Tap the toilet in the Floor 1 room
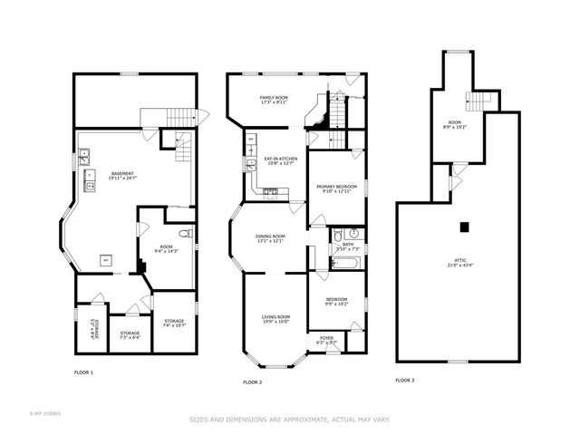coord(184,234)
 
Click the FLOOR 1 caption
coord(83,372)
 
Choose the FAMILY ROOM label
coord(274,100)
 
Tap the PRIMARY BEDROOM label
coord(336,188)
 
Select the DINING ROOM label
coord(271,238)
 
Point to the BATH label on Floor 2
coord(348,246)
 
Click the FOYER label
coord(326,342)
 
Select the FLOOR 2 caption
coord(252,382)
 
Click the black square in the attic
coord(464,226)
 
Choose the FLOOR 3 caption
coord(405,380)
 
